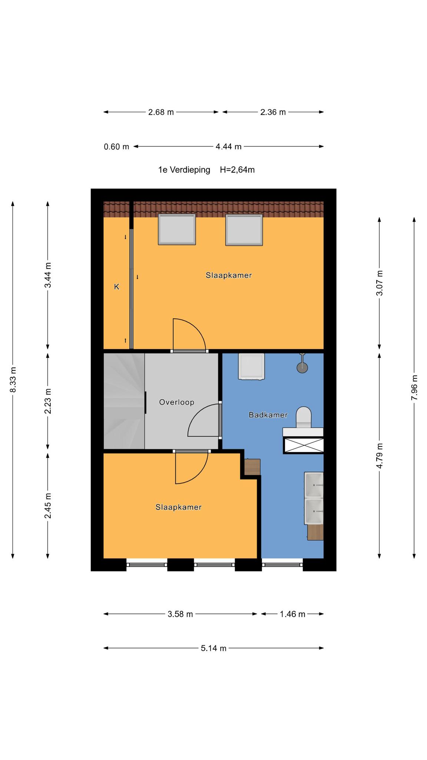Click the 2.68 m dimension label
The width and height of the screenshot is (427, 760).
(x=161, y=112)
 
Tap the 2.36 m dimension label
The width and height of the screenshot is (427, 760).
(x=273, y=112)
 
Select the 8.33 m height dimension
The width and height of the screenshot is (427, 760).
(x=13, y=380)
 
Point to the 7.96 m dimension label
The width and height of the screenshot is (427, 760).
(x=414, y=387)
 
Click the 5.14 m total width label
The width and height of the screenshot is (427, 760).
(x=213, y=648)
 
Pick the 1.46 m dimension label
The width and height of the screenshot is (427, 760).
(x=292, y=614)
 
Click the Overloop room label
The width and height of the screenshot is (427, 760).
(x=176, y=402)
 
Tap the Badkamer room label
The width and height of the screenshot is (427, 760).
(x=268, y=415)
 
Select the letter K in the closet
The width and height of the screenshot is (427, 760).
(x=117, y=287)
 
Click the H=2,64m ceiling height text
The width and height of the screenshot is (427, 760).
(x=237, y=170)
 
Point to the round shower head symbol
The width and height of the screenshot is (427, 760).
(x=302, y=367)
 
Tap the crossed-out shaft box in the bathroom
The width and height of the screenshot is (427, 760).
(x=304, y=445)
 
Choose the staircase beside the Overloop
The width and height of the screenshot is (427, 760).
(x=124, y=401)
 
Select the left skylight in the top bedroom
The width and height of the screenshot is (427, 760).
(x=177, y=229)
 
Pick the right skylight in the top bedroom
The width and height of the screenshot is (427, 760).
(x=244, y=230)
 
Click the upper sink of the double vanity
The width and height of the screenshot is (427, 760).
(x=314, y=485)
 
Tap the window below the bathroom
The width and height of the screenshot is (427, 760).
(x=282, y=565)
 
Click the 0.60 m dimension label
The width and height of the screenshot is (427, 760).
(x=116, y=147)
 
